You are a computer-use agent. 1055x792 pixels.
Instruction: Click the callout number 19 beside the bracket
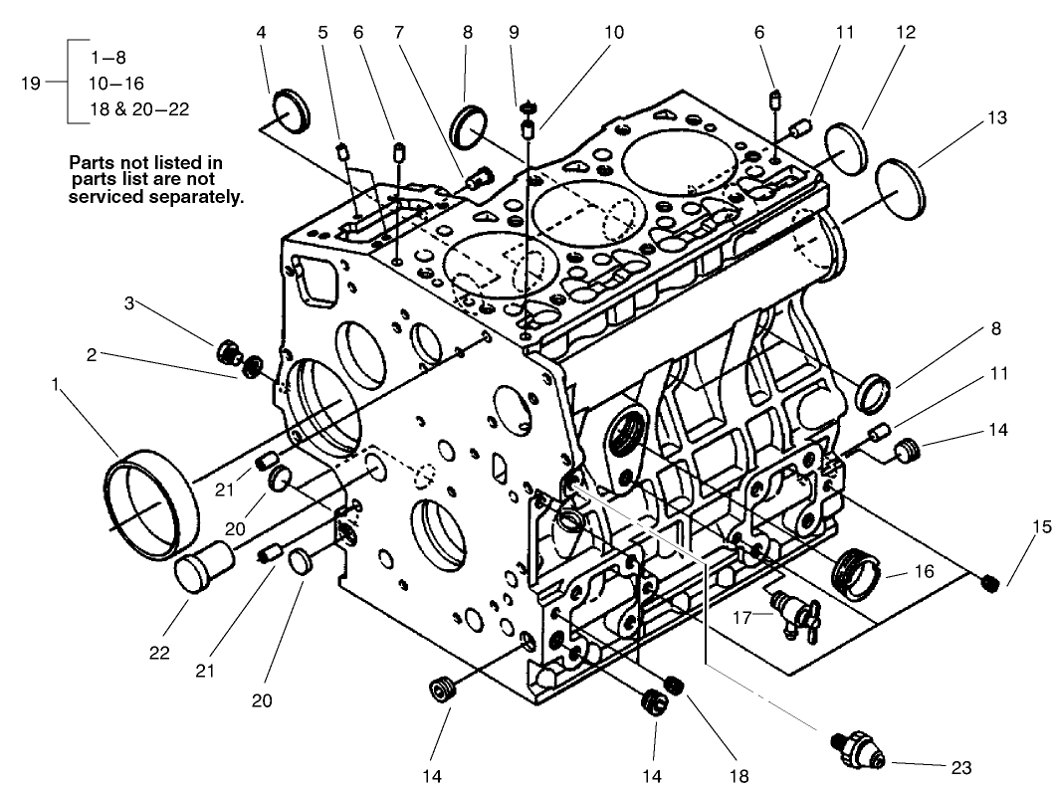[31, 84]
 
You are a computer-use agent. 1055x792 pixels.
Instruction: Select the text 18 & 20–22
[139, 109]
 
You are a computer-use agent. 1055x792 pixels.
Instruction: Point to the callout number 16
[925, 573]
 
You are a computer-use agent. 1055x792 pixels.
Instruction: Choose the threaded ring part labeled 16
[857, 573]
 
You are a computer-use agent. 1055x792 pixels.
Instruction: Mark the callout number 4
[262, 32]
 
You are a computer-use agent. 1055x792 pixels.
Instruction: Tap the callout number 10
[614, 32]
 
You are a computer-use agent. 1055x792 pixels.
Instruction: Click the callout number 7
[399, 32]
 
